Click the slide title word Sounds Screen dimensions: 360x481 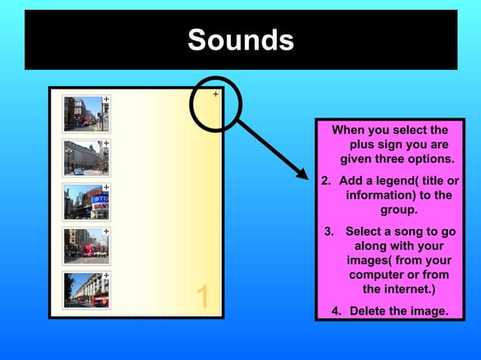(x=240, y=40)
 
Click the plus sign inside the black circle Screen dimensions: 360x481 (x=215, y=95)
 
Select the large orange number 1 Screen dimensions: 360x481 (x=202, y=297)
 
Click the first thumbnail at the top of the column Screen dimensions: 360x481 (x=85, y=113)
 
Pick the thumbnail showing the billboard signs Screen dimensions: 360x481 (x=85, y=201)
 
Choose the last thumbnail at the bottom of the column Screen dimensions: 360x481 (x=85, y=289)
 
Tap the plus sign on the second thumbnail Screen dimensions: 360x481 (x=106, y=143)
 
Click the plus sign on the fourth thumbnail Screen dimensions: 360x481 (x=106, y=231)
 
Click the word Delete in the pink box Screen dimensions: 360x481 (x=369, y=311)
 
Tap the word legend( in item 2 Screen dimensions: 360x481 (x=389, y=182)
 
